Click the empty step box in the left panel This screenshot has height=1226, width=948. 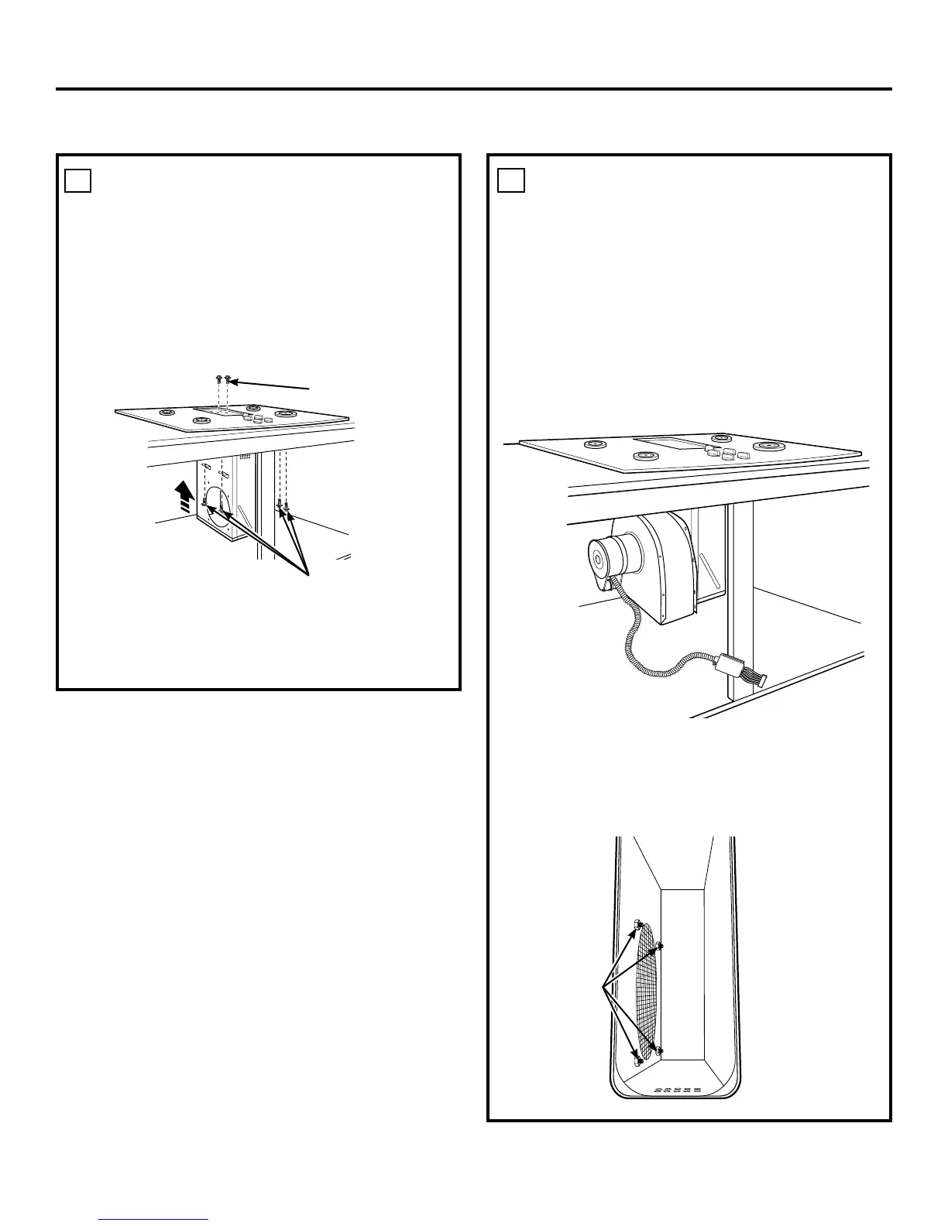(77, 180)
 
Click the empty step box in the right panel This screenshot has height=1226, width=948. (510, 180)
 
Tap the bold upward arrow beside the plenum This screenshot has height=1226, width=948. (184, 495)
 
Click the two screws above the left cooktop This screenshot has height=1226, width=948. (224, 380)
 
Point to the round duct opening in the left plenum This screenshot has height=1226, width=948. (218, 507)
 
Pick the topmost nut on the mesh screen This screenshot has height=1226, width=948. (636, 923)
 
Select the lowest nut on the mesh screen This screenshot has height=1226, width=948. (636, 1060)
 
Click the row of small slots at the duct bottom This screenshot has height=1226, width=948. (676, 1091)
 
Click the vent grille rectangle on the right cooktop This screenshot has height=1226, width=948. (671, 445)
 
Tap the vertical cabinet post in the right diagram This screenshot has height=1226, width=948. (740, 588)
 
